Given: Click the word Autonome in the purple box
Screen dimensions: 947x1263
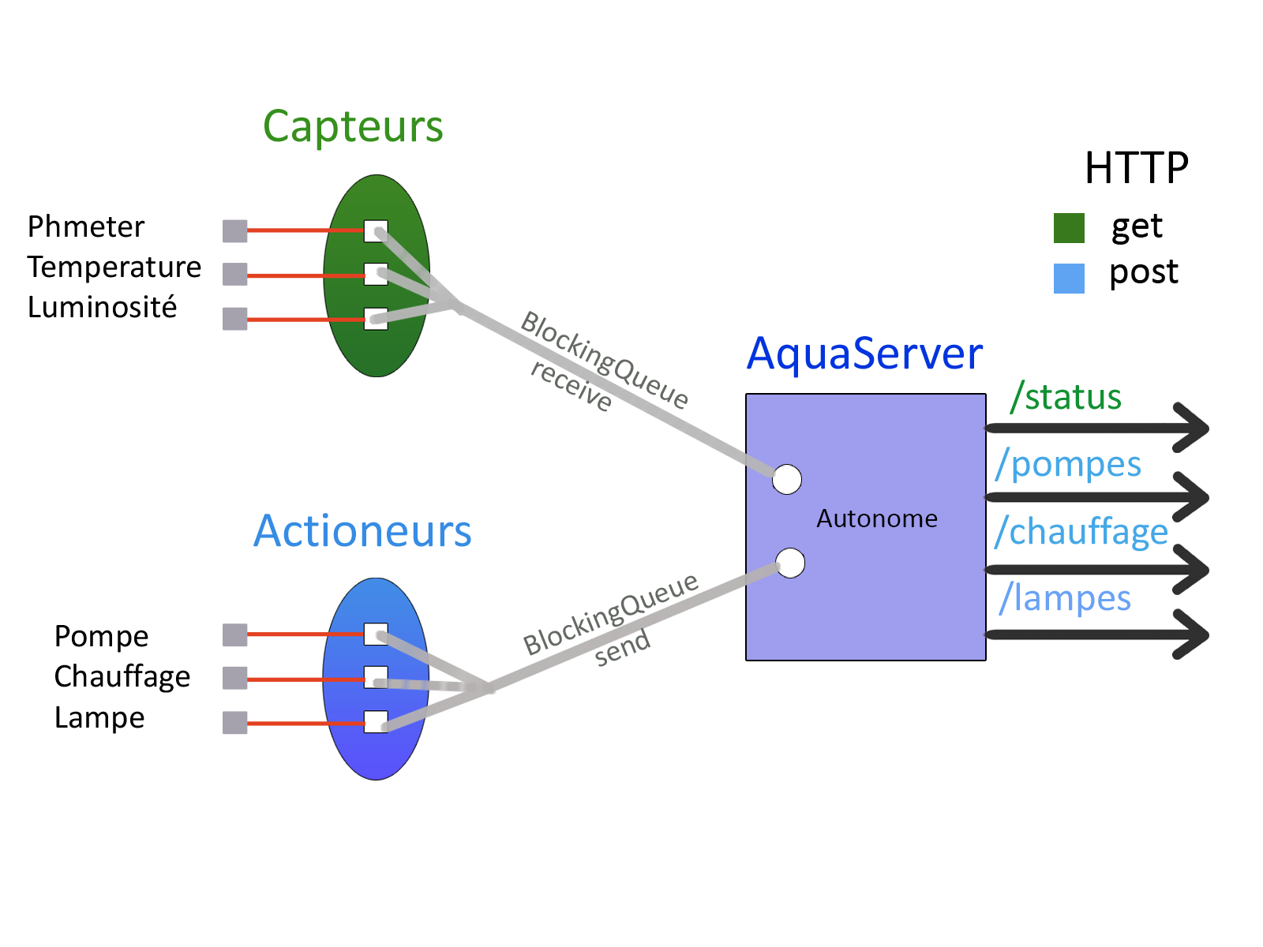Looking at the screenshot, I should [877, 518].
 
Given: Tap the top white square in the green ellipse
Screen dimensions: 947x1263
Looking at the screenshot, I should [376, 231].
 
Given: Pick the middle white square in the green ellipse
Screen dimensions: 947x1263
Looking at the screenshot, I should [376, 275].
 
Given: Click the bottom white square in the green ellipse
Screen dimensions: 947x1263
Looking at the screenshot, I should [376, 319].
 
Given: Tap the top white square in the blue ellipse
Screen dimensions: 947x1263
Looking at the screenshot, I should [376, 634].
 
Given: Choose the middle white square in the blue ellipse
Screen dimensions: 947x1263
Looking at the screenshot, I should [376, 678].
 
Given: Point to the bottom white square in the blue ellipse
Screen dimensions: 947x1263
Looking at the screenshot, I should [376, 722].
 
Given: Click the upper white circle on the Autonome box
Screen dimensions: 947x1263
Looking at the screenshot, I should [787, 479].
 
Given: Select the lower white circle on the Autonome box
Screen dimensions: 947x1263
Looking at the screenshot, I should [790, 563].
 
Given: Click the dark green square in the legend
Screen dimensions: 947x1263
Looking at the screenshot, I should [1069, 228].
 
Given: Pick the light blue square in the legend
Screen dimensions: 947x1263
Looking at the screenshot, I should [1069, 278].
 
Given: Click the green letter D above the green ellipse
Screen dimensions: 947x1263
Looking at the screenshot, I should [276, 127].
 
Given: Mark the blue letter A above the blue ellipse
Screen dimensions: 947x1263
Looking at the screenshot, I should [264, 531].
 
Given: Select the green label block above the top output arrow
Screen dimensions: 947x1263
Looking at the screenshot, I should [1059, 397].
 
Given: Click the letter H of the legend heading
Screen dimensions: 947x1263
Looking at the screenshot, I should [1094, 167].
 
